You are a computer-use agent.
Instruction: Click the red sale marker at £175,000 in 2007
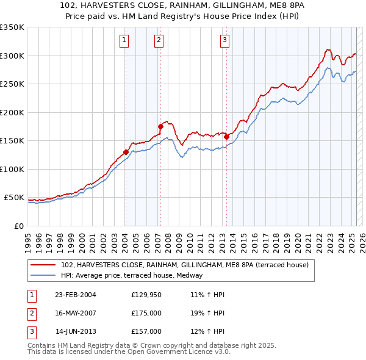click(160, 126)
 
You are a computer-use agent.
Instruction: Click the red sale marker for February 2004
click(126, 152)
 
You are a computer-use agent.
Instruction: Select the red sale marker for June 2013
click(226, 137)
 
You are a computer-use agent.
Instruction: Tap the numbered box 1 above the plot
click(124, 41)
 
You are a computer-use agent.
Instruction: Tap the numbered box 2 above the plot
click(159, 41)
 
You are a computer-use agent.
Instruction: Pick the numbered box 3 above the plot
click(224, 41)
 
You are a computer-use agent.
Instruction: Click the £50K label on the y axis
click(14, 198)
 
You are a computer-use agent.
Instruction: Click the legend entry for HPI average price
click(135, 276)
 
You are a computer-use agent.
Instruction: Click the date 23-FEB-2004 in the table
click(76, 295)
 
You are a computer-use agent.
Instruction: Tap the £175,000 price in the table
click(146, 313)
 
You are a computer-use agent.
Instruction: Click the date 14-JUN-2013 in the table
click(76, 331)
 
